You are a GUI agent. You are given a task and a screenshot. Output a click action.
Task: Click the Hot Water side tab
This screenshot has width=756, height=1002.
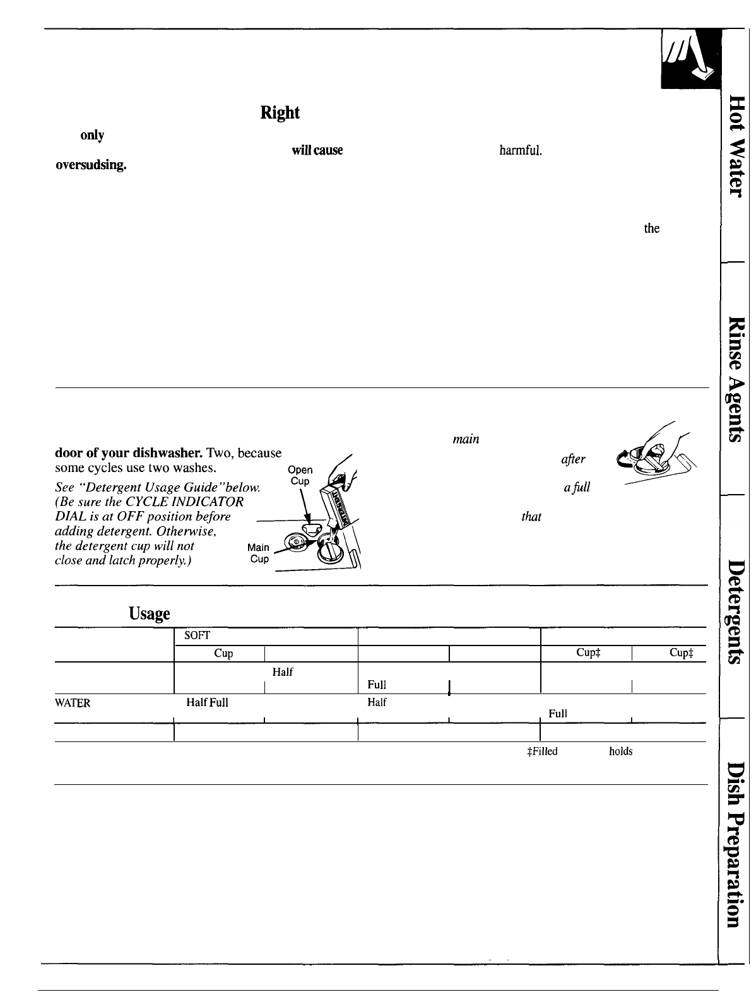tap(736, 144)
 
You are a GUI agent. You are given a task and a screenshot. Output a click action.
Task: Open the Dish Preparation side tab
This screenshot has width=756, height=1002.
tap(736, 846)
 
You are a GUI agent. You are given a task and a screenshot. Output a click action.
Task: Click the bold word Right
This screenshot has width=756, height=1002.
tap(280, 113)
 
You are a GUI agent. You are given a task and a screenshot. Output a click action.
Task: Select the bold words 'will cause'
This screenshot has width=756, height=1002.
tap(317, 151)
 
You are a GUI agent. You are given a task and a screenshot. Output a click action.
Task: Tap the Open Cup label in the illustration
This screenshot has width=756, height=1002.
tap(300, 476)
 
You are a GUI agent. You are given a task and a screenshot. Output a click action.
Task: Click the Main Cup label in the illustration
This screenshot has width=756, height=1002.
tap(259, 553)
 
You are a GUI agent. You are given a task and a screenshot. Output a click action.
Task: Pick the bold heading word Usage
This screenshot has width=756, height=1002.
tap(150, 613)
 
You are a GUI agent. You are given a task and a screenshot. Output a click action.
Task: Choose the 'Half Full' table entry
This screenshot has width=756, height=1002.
tap(207, 703)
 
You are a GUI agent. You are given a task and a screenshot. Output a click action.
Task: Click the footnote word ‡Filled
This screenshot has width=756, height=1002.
tap(536, 751)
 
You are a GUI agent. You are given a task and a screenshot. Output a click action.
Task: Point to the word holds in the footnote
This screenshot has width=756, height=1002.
tap(620, 751)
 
